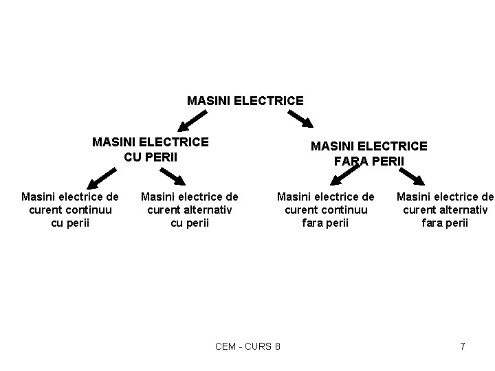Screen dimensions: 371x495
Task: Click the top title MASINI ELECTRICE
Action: pyautogui.click(x=245, y=100)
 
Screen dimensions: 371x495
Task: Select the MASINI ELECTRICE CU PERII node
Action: pyautogui.click(x=151, y=148)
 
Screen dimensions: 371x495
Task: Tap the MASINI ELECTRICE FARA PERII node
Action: pyautogui.click(x=369, y=153)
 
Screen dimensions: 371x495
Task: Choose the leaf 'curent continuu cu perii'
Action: pyautogui.click(x=70, y=210)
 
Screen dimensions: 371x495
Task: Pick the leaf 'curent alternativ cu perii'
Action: pyautogui.click(x=189, y=210)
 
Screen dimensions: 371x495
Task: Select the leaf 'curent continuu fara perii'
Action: pyautogui.click(x=325, y=210)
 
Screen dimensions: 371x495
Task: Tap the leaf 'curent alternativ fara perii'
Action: pyautogui.click(x=445, y=210)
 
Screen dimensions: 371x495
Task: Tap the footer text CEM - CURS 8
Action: pyautogui.click(x=247, y=346)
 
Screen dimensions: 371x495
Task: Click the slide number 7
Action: pyautogui.click(x=463, y=346)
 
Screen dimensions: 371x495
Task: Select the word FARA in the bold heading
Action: pyautogui.click(x=351, y=161)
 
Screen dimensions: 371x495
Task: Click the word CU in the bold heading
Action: pyautogui.click(x=133, y=156)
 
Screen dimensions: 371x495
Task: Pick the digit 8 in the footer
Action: pyautogui.click(x=276, y=346)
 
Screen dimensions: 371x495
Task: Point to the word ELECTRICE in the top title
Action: pyautogui.click(x=269, y=100)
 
